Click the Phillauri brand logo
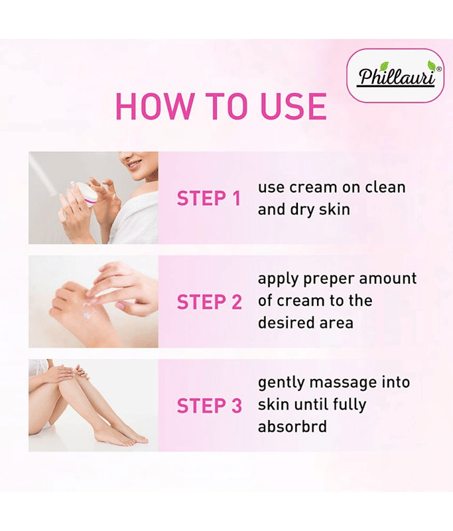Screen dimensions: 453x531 pos(395,76)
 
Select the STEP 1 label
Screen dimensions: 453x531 pos(209,198)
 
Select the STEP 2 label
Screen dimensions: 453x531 pos(210,302)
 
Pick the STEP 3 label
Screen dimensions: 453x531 pos(210,406)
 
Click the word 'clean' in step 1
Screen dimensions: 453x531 pos(385,187)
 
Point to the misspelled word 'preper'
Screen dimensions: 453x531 pos(329,279)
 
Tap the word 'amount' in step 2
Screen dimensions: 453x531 pos(388,279)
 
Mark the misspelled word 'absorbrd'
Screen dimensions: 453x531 pos(292,426)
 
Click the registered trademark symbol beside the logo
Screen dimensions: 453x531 pos(439,69)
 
